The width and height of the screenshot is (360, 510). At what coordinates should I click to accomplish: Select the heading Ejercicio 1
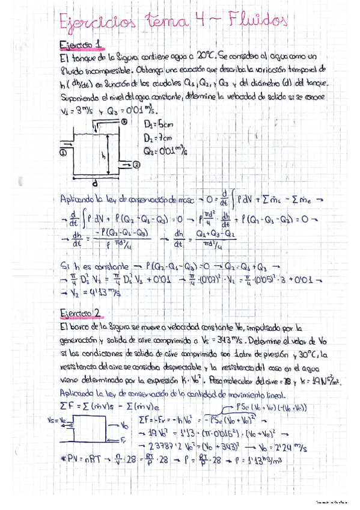pos(83,45)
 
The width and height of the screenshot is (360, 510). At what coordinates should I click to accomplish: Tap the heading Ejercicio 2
pos(83,313)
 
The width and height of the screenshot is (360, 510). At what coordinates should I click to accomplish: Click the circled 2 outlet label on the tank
pos(136,163)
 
